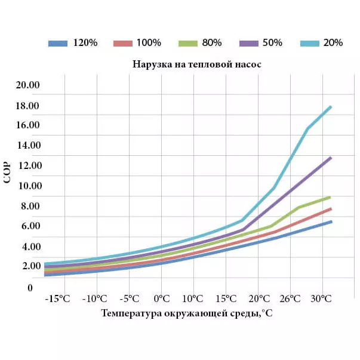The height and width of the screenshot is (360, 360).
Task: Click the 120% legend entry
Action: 72,43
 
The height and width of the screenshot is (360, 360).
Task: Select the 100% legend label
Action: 137,43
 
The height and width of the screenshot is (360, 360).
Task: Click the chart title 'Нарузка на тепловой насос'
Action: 197,64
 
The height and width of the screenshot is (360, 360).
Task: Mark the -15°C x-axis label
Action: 60,299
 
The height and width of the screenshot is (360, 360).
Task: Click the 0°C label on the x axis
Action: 162,299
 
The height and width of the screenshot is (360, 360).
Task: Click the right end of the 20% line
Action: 331,107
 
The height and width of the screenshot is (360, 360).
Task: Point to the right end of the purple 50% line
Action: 331,158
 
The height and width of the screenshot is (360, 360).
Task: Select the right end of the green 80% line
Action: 331,197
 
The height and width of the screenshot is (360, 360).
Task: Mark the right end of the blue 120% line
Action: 331,221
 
